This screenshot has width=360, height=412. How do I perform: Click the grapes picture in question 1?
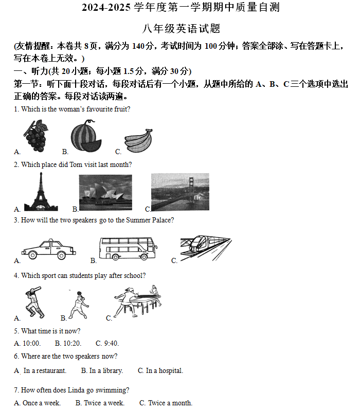[x=35, y=136]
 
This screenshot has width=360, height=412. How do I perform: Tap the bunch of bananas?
[x=139, y=140]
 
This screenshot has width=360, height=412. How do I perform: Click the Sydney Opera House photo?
[x=105, y=192]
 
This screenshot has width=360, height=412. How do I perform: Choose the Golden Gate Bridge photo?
[x=180, y=192]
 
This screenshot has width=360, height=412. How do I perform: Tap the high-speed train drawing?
[x=205, y=249]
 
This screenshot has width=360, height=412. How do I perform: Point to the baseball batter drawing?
[x=34, y=303]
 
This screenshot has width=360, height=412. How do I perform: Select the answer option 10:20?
[x=71, y=344]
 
